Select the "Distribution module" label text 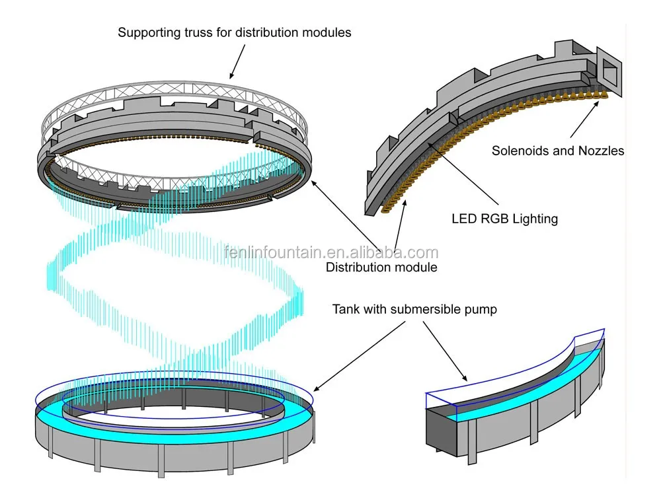pos(381,267)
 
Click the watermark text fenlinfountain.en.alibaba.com pos(331,252)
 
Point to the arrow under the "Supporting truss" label pos(237,61)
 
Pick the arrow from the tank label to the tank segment pos(445,351)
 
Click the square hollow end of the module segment pos(609,70)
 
